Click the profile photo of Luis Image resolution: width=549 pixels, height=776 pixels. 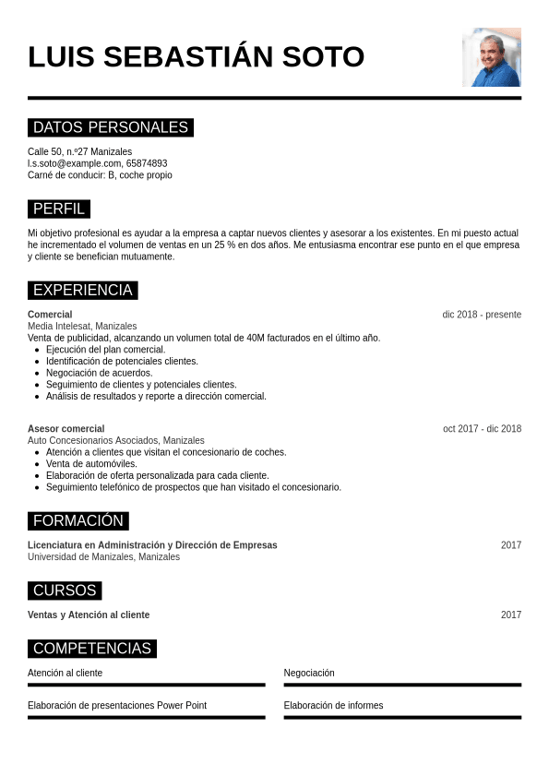[x=491, y=57]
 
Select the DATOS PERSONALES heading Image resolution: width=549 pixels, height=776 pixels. [x=111, y=127]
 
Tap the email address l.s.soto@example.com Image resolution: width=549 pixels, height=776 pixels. [x=75, y=163]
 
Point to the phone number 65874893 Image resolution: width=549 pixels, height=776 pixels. [x=147, y=163]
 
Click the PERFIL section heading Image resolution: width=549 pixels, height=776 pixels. [x=59, y=209]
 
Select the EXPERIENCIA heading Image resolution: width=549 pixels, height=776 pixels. [x=83, y=290]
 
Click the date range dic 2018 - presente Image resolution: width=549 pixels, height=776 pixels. [x=482, y=315]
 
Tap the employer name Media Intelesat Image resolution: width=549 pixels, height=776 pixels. [x=59, y=327]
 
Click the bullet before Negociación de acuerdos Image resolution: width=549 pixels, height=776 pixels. [x=36, y=373]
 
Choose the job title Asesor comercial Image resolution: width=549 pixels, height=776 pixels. [x=66, y=429]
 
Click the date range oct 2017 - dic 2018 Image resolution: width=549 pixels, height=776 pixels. [x=482, y=429]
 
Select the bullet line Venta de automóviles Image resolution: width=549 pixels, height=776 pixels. [x=91, y=464]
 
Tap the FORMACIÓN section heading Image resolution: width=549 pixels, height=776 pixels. [x=78, y=520]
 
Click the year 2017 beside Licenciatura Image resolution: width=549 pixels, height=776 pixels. [x=511, y=545]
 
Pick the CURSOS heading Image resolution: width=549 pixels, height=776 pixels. [x=65, y=591]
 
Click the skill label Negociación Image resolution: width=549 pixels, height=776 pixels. [x=309, y=674]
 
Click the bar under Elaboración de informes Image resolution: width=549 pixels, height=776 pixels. [x=402, y=717]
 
